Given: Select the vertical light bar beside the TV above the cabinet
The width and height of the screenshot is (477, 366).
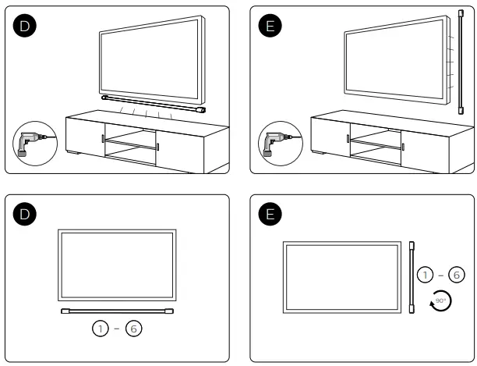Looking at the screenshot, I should (x=459, y=62).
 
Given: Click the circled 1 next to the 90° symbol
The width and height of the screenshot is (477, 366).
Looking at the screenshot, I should (x=425, y=275).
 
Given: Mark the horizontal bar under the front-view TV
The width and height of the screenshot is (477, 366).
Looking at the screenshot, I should (x=117, y=311).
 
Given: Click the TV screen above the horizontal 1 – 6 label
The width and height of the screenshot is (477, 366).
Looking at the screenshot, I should (x=117, y=265).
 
